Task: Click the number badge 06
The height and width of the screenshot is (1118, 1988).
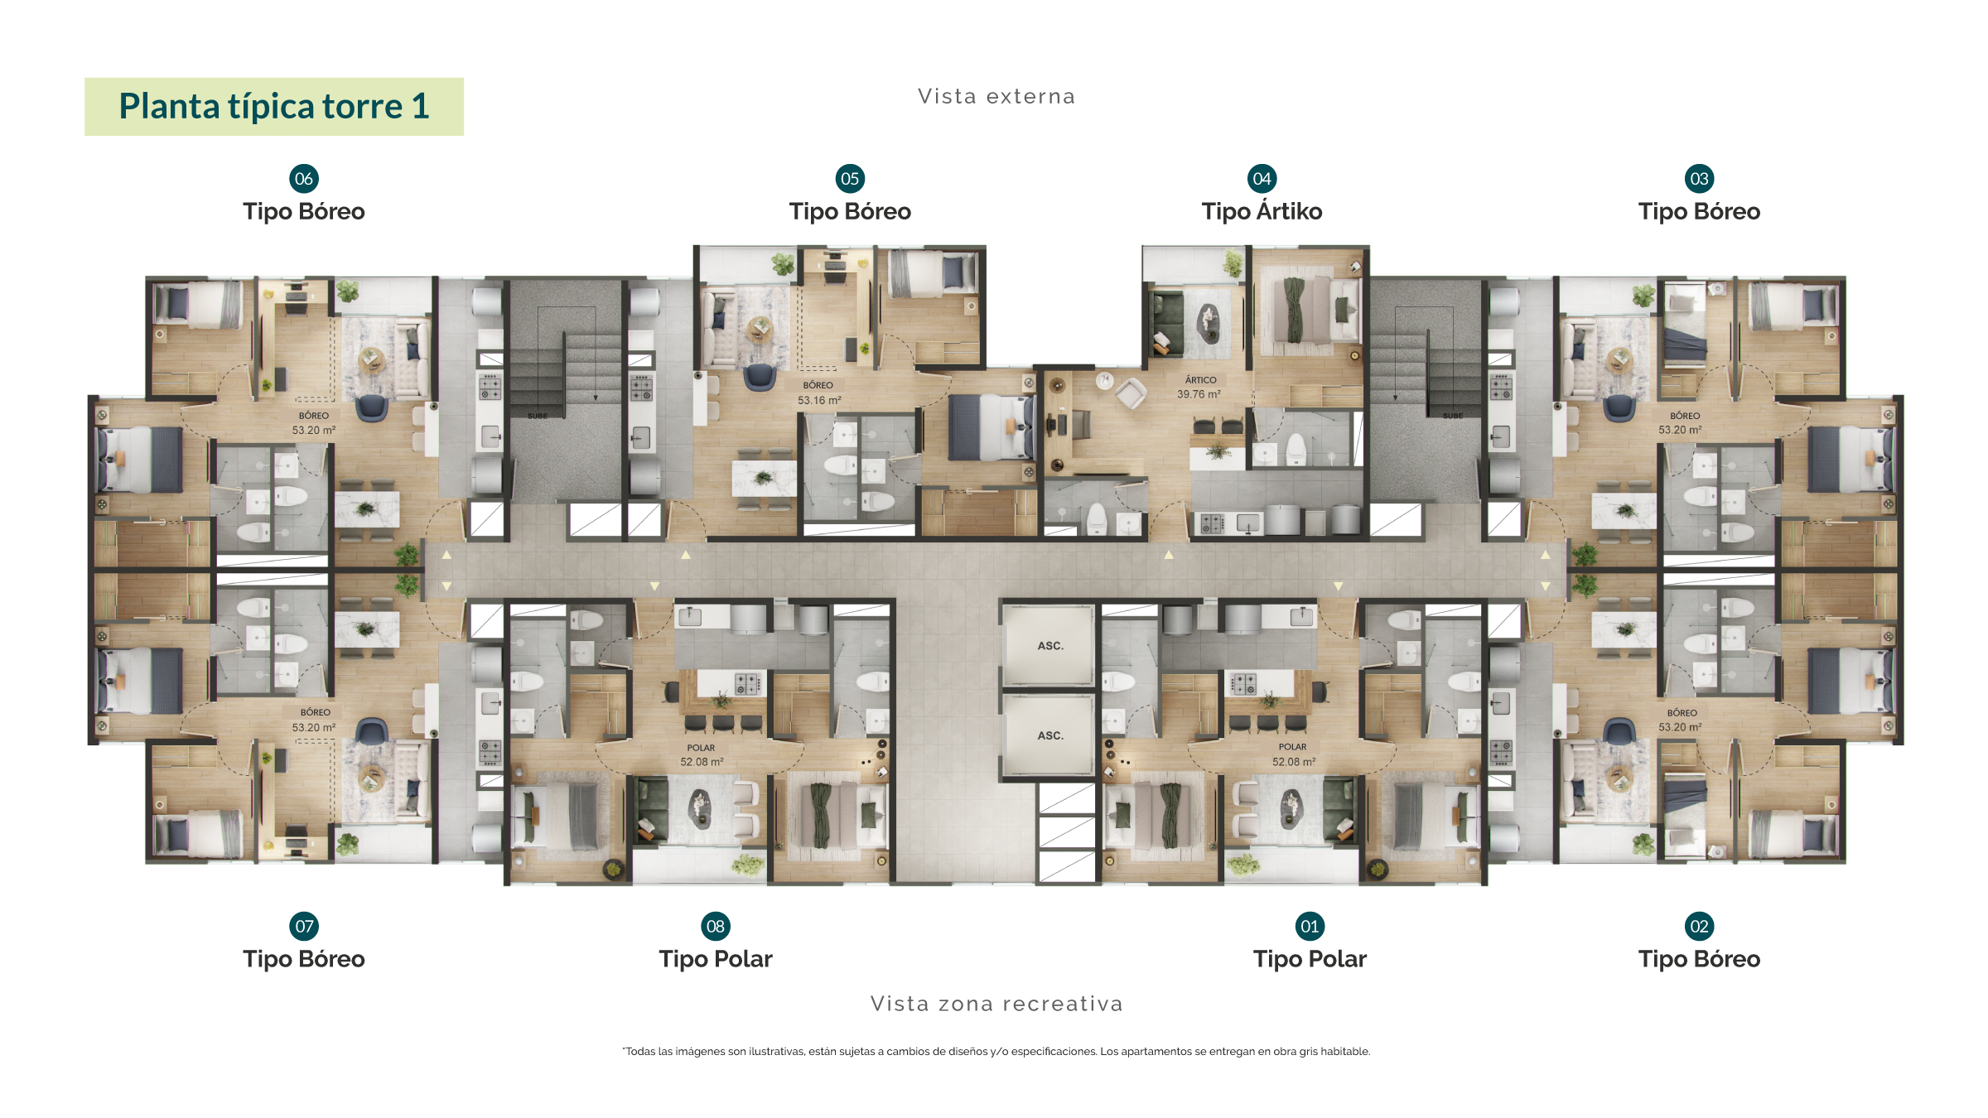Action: pos(304,179)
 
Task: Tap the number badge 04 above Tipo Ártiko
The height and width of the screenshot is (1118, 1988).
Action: pos(1262,179)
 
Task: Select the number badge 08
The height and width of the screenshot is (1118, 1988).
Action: pos(716,926)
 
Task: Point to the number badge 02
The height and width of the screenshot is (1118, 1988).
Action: pos(1699,926)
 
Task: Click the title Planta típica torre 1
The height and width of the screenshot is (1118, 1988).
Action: pos(274,106)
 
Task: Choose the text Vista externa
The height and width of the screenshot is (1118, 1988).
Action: pos(996,97)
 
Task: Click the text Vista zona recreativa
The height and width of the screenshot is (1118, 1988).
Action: pos(996,1004)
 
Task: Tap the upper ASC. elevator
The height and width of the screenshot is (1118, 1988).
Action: pos(1049,645)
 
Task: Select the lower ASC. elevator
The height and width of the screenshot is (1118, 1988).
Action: pos(1049,735)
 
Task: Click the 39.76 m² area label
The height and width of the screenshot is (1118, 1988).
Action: pos(1199,394)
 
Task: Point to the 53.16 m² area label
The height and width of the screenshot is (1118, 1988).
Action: pos(819,401)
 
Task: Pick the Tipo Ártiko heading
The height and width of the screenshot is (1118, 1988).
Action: pos(1262,211)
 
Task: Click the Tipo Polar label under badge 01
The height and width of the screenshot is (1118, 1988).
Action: pos(1310,959)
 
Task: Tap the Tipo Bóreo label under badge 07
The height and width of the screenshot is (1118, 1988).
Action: pos(304,959)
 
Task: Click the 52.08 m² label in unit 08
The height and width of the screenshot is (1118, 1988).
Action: pos(702,762)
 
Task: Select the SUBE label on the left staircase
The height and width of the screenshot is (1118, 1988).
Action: pos(538,416)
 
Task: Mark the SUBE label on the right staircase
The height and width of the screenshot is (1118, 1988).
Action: pos(1452,416)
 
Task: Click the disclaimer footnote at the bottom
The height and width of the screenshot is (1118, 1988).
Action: pos(996,1052)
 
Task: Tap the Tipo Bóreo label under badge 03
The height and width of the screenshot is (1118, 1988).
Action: pos(1699,211)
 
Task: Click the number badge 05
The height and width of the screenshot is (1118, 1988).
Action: pos(850,179)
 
